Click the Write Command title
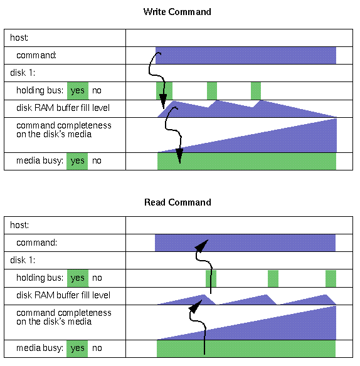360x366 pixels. pyautogui.click(x=177, y=12)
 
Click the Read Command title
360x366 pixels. pyautogui.click(x=177, y=202)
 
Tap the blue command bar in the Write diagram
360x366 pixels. pyautogui.click(x=246, y=55)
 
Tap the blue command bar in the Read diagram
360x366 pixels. pyautogui.click(x=245, y=243)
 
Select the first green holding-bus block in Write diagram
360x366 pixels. pyautogui.click(x=164, y=91)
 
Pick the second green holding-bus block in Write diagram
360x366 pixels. pyautogui.click(x=212, y=91)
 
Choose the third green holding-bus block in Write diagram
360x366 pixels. pyautogui.click(x=256, y=91)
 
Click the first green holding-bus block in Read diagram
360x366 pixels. pyautogui.click(x=211, y=278)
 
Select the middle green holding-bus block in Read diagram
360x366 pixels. pyautogui.click(x=273, y=278)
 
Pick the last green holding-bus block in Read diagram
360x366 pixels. pyautogui.click(x=331, y=278)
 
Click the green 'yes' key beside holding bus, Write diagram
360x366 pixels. pyautogui.click(x=78, y=91)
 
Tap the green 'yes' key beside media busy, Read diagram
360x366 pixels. pyautogui.click(x=77, y=348)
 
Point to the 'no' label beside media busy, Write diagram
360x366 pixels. pyautogui.click(x=97, y=161)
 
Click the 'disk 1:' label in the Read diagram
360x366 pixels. pyautogui.click(x=23, y=260)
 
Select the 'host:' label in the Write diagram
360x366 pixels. pyautogui.click(x=19, y=38)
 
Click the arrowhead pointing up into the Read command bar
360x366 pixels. pyautogui.click(x=201, y=246)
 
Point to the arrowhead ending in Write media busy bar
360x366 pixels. pyautogui.click(x=179, y=155)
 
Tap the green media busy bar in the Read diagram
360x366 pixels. pyautogui.click(x=246, y=348)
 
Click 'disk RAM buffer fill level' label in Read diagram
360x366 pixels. pyautogui.click(x=63, y=295)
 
